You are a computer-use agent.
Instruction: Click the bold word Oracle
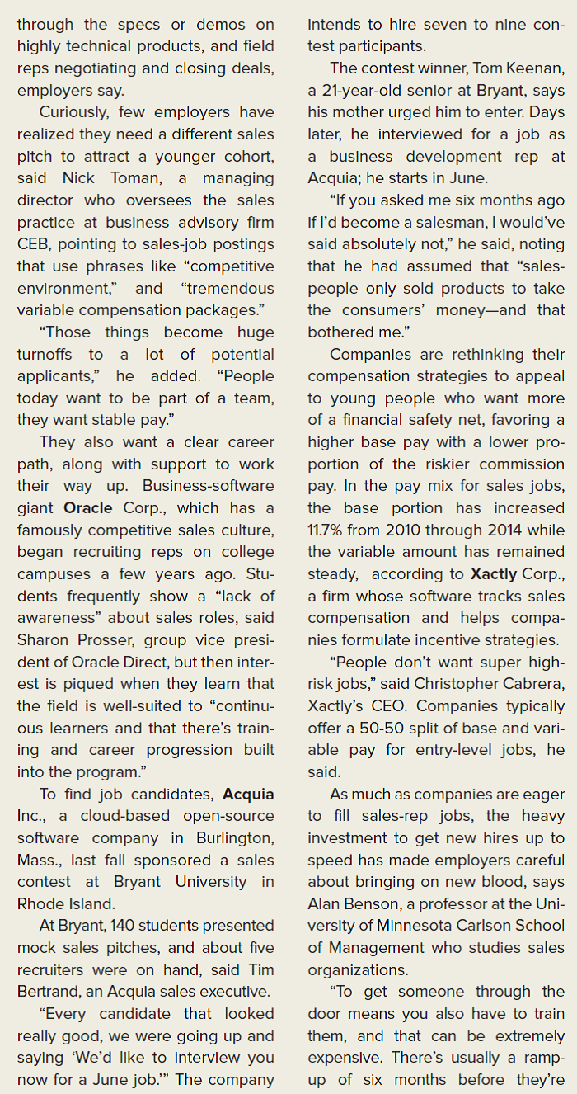tap(87, 508)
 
